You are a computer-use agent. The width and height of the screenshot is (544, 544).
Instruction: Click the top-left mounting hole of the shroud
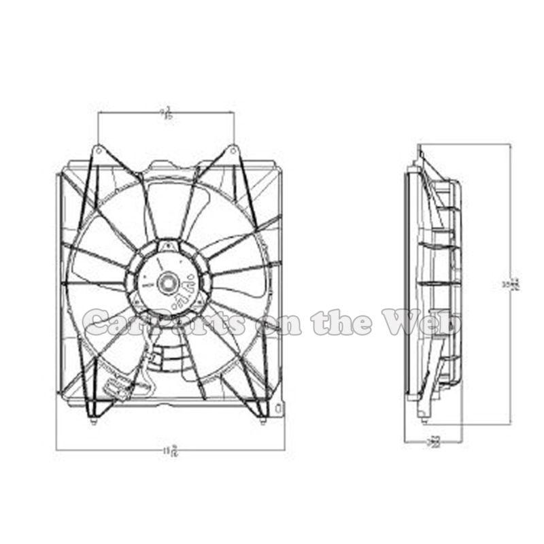coord(97,149)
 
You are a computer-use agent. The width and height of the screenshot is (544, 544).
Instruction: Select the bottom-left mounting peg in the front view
coord(92,422)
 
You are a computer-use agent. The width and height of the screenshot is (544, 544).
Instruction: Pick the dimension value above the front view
coord(165,112)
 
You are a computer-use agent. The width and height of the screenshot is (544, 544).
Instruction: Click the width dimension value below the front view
coord(171,449)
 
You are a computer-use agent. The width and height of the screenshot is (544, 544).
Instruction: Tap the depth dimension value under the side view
coord(434,443)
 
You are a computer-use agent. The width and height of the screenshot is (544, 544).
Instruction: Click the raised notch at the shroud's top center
coord(169,164)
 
